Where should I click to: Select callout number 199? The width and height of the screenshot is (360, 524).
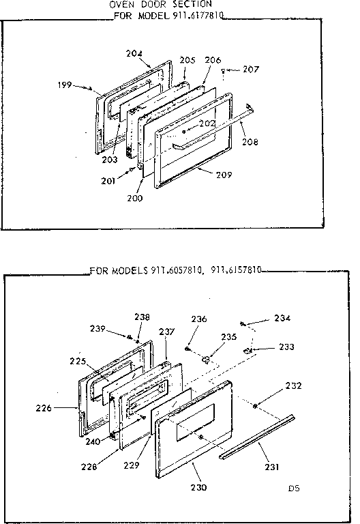point(65,85)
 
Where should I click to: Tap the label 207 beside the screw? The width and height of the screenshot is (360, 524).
point(251,69)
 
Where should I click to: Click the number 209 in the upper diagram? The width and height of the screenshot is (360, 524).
point(224,175)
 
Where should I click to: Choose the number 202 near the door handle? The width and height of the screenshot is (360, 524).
point(208,123)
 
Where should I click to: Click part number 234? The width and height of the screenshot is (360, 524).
point(282,317)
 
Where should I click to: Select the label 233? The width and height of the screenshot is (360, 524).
point(286,347)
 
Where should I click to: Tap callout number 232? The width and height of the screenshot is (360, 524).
point(293,386)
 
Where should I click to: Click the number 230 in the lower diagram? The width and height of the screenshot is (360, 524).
point(200,487)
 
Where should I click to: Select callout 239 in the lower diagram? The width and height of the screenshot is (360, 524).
point(97,329)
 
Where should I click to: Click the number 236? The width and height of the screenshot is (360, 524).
point(198,318)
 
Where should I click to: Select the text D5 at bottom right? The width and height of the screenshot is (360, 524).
point(293,489)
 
